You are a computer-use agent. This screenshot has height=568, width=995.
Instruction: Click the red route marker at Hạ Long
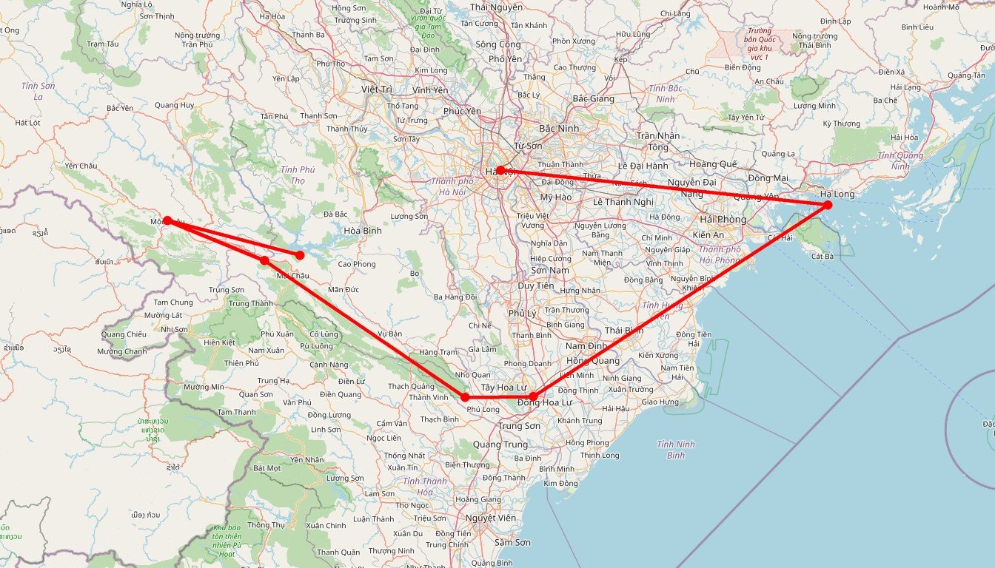(x=828, y=204)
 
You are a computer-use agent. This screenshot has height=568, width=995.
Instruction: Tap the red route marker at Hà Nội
(x=500, y=170)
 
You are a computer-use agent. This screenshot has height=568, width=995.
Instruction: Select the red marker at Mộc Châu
(x=168, y=220)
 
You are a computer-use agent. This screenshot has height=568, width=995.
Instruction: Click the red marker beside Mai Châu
(x=264, y=260)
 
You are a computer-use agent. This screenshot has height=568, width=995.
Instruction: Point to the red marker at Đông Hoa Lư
(x=533, y=397)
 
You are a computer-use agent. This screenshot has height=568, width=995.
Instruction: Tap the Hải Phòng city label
(x=723, y=220)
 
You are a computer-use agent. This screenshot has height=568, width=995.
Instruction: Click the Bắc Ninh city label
(x=559, y=129)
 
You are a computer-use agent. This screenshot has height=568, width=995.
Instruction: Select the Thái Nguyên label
(x=496, y=7)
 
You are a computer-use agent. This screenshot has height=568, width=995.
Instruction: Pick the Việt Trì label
(x=376, y=89)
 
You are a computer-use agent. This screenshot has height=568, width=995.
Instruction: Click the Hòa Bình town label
(x=363, y=231)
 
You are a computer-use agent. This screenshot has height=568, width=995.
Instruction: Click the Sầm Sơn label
(x=513, y=542)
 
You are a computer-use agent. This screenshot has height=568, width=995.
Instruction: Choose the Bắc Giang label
(x=593, y=98)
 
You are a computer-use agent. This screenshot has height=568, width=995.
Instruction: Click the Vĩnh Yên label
(x=430, y=90)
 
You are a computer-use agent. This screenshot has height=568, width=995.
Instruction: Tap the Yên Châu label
(x=81, y=166)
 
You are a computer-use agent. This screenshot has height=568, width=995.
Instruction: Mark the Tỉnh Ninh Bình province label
(x=676, y=450)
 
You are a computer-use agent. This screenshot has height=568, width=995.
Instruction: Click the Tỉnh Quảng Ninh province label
(x=900, y=160)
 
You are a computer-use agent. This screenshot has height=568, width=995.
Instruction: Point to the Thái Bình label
(x=623, y=330)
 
